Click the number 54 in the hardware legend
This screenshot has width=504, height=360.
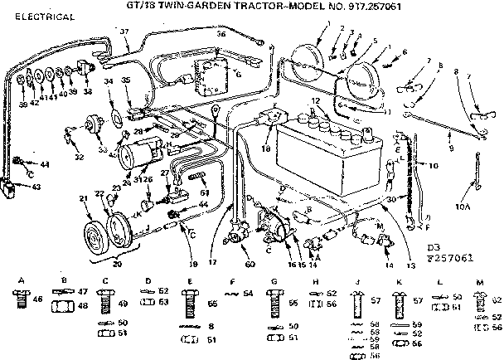pos(248,294)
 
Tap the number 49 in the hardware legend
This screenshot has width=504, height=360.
pos(124,303)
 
